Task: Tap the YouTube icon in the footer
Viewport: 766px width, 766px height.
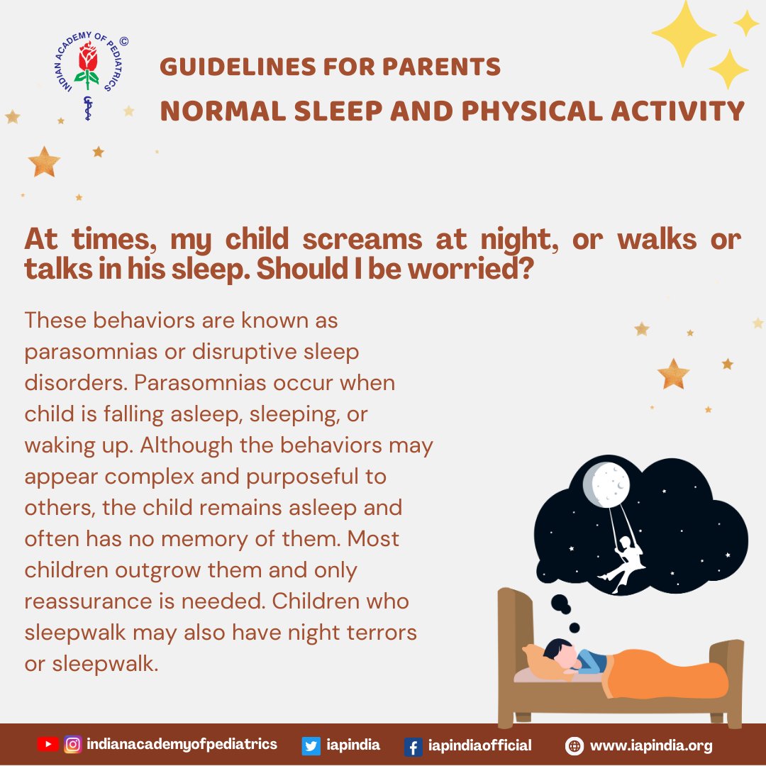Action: (x=48, y=745)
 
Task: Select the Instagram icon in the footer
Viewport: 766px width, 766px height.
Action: (x=72, y=745)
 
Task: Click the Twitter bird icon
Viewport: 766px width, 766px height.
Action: (x=311, y=745)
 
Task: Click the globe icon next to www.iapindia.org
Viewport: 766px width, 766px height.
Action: (x=574, y=746)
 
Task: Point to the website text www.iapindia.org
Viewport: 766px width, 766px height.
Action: (x=651, y=745)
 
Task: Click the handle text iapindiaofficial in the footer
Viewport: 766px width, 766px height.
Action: (x=480, y=745)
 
